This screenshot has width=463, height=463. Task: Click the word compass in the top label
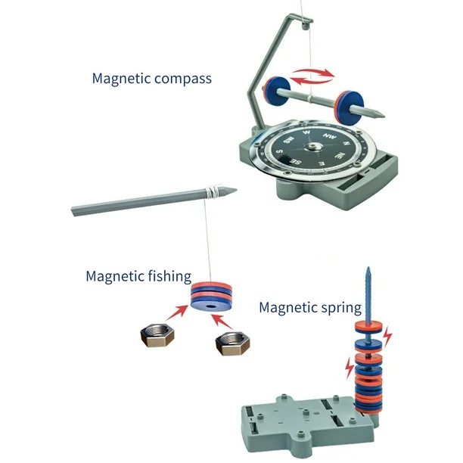[x=183, y=79]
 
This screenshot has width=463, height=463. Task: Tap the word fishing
[x=169, y=277]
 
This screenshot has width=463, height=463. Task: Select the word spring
[x=341, y=308]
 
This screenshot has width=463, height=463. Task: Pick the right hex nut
[x=233, y=343]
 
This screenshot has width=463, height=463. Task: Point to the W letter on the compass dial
[x=307, y=132]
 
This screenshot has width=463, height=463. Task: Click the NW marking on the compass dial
[x=330, y=136]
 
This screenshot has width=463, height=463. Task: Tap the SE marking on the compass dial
[x=295, y=161]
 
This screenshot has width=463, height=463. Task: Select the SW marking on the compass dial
[x=289, y=140]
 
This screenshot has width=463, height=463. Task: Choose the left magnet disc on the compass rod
[x=277, y=92]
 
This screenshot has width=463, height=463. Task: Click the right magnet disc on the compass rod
[x=349, y=107]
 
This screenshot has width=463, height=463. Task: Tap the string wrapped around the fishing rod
[x=213, y=191]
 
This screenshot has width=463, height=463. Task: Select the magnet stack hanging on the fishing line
[x=211, y=297]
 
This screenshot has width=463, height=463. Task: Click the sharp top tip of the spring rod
[x=368, y=268]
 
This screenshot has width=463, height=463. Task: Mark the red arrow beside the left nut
[x=177, y=313]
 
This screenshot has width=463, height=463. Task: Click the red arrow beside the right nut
[x=222, y=322]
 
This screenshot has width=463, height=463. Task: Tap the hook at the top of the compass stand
[x=306, y=24]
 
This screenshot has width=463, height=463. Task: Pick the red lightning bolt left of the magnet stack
[x=350, y=368]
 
